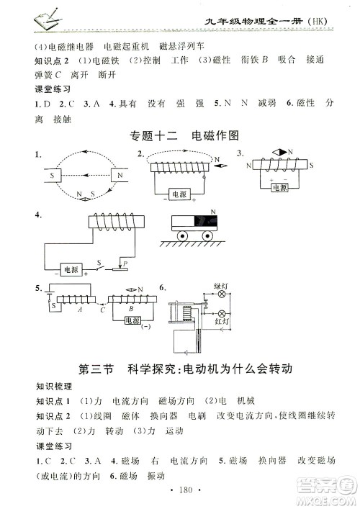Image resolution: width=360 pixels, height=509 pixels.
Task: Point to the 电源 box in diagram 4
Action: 71,269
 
